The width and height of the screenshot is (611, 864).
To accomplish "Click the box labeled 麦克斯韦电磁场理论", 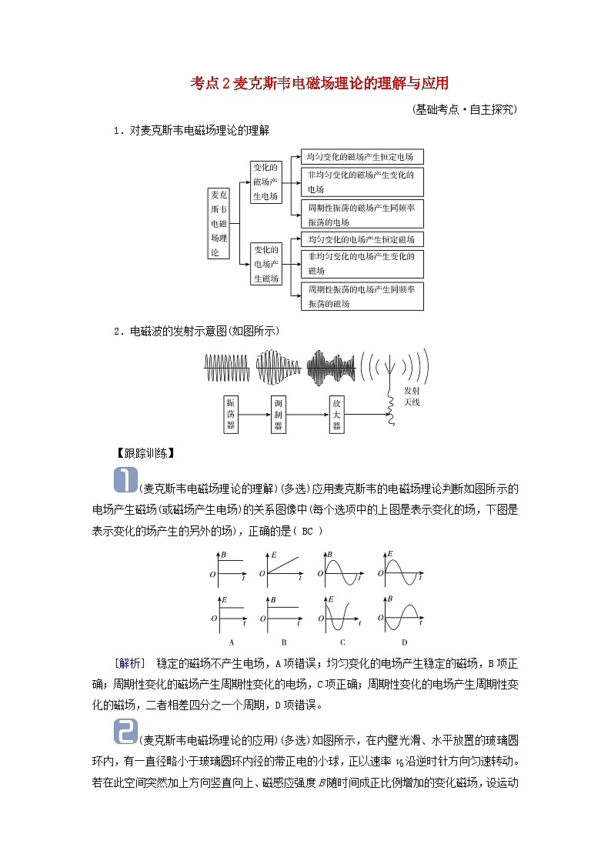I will point(219,223).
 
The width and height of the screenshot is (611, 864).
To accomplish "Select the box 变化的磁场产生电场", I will point(265,182).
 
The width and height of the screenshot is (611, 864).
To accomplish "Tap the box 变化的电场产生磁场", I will point(265,264).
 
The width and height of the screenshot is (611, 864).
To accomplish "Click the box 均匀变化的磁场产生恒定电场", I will point(360,157).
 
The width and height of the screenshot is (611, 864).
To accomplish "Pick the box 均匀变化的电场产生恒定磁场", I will point(360,239).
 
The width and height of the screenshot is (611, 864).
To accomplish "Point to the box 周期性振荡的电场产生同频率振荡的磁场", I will point(360,296).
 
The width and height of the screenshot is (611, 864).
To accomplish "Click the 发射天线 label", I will point(412,396).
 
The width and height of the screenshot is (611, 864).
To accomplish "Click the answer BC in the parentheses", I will point(307,530).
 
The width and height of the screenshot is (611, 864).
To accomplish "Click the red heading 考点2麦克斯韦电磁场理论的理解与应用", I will point(319,83).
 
